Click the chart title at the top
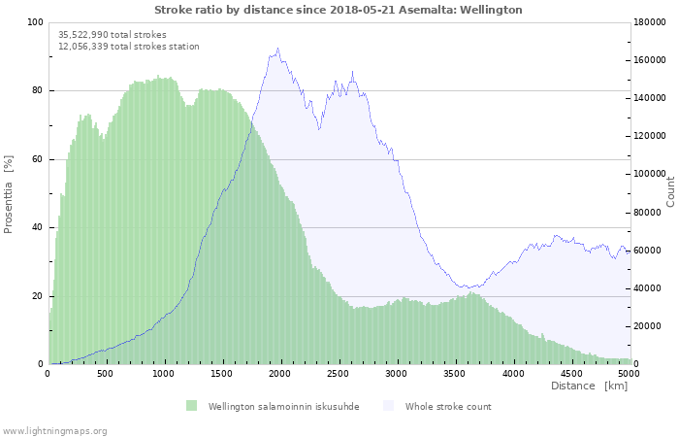pos(339,10)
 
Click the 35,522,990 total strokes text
pos(112,35)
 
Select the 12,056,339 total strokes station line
pos(128,47)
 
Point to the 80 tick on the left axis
pos(37,91)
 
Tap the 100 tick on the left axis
pos(35,22)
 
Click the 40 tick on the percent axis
pos(37,228)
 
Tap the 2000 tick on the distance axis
pos(280,373)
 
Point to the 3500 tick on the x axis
pos(455,373)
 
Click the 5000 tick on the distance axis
pos(629,373)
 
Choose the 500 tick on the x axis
pos(106,373)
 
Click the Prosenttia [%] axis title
pos(9,193)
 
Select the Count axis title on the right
pos(670,191)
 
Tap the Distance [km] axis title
pos(589,387)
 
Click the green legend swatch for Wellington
pos(191,406)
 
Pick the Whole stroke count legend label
pos(448,407)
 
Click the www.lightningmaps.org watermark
pos(54,431)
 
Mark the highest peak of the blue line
pos(277,49)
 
